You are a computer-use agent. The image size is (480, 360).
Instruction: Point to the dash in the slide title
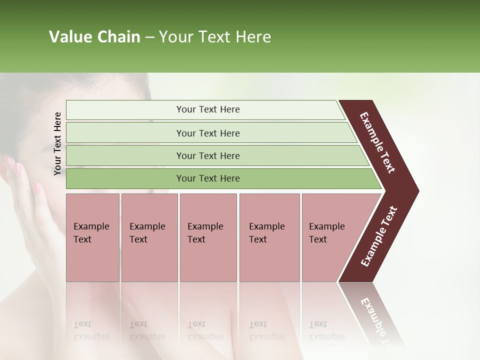coord(149,37)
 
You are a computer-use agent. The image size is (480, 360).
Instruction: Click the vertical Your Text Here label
coord(57,143)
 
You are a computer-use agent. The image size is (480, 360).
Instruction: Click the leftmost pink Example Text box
coord(92,237)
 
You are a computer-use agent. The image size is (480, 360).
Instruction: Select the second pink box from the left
coord(149,237)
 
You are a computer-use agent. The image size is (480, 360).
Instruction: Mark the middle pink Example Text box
coord(208,237)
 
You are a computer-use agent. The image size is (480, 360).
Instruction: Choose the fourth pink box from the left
coord(269,237)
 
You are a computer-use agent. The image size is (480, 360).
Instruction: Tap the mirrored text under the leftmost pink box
coord(91,330)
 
